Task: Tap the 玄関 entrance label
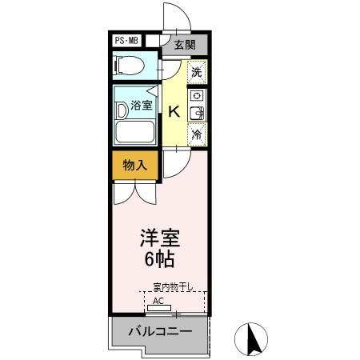[x=185, y=46]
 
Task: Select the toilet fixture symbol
[x=129, y=65]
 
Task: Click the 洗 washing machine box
[x=197, y=71]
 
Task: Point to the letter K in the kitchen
[x=173, y=112]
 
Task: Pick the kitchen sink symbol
[x=196, y=114]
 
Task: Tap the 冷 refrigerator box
[x=197, y=135]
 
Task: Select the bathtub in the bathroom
[x=136, y=132]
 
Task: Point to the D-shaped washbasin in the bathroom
[x=121, y=110]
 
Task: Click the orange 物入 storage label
[x=134, y=166]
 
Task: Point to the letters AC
[x=158, y=301]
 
